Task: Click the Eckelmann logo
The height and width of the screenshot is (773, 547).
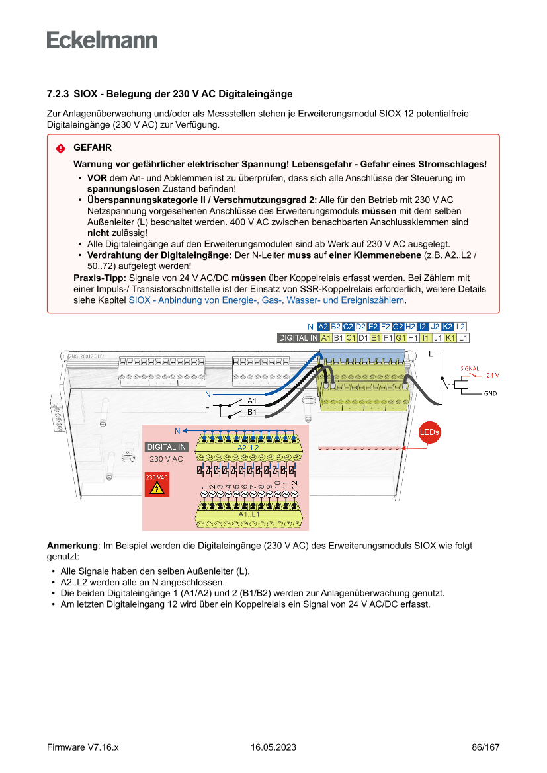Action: click(x=102, y=40)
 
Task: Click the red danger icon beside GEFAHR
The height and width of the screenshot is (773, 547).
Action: click(x=60, y=148)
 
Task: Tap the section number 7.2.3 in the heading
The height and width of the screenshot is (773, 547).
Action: click(x=58, y=95)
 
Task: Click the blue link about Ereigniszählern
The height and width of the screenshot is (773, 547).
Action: click(x=267, y=300)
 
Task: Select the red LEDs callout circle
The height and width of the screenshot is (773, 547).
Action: click(x=429, y=432)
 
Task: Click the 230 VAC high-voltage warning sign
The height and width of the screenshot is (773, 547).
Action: click(x=157, y=485)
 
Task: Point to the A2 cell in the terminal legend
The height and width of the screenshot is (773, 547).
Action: click(x=323, y=327)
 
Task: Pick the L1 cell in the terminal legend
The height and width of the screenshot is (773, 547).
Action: click(x=463, y=338)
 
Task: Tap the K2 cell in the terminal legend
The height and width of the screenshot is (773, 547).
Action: click(x=448, y=327)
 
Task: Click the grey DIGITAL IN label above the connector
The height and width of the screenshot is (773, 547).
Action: click(x=298, y=338)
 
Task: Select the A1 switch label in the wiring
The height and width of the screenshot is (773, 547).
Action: click(x=252, y=401)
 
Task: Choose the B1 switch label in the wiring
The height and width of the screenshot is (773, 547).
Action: click(x=252, y=412)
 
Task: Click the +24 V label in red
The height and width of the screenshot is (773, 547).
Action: click(x=490, y=375)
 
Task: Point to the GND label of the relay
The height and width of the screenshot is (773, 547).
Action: click(x=490, y=393)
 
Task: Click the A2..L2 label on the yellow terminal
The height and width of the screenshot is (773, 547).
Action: click(x=248, y=448)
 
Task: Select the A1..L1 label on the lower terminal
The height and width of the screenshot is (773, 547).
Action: click(x=249, y=514)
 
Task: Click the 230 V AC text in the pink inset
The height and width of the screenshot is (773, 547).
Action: click(x=166, y=458)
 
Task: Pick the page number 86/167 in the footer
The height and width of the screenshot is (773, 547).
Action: click(x=485, y=747)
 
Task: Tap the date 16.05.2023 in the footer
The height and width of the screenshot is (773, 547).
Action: click(x=273, y=747)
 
